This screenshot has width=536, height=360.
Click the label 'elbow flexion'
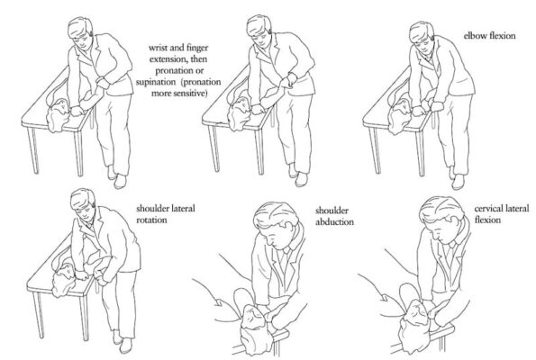[489, 36]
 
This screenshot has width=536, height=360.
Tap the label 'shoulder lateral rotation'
[166, 214]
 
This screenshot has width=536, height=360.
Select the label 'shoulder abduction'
[334, 216]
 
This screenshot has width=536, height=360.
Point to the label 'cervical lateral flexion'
[502, 214]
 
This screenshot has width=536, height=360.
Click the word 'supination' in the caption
[156, 82]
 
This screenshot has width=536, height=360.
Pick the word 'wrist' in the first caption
[158, 48]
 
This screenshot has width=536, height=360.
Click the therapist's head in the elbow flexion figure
[422, 35]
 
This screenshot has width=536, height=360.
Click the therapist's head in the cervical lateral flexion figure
[442, 219]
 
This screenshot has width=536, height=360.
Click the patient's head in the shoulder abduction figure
[254, 325]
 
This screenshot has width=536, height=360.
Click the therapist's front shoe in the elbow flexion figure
[458, 182]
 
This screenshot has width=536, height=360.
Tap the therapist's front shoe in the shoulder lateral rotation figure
[125, 346]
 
